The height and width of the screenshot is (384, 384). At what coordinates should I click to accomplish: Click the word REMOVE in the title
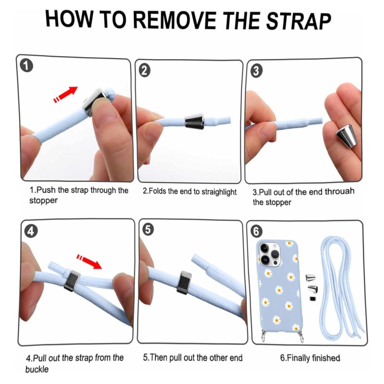[175, 21]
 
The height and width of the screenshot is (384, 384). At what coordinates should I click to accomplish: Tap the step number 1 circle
[26, 66]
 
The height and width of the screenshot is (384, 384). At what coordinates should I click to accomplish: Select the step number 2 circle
[145, 71]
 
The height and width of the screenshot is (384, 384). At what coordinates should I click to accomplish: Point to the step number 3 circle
[256, 71]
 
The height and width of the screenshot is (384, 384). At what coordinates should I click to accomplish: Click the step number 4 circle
[31, 231]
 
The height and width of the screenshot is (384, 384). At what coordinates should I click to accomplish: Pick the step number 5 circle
[148, 230]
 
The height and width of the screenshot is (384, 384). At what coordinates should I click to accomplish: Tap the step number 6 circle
[256, 231]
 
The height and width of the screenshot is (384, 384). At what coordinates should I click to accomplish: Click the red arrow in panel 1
[65, 94]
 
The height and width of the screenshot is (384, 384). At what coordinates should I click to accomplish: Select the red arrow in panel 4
[89, 261]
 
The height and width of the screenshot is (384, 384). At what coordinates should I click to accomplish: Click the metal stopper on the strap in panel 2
[194, 121]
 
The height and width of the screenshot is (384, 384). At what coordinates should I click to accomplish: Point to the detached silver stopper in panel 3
[345, 136]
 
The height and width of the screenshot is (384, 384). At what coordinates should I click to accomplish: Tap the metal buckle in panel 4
[72, 281]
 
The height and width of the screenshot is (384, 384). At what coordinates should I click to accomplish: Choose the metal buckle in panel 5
[186, 282]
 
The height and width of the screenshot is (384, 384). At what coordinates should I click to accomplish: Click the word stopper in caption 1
[43, 201]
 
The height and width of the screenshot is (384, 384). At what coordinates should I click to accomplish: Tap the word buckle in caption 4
[37, 369]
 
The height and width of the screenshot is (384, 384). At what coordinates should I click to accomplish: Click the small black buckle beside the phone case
[312, 299]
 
